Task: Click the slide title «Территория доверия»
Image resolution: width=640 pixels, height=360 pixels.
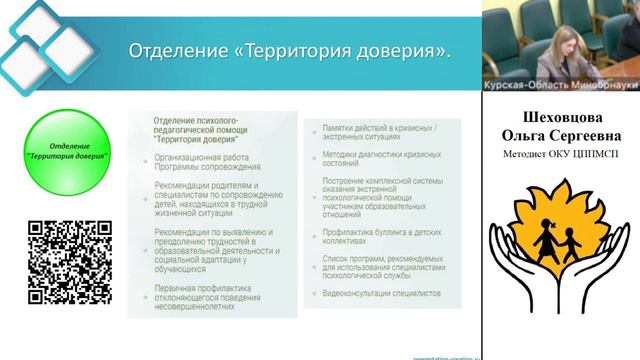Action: click(291, 52)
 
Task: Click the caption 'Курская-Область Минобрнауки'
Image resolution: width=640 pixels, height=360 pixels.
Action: click(561, 85)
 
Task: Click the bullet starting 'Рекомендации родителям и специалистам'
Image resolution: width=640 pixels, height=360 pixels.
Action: click(213, 198)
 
